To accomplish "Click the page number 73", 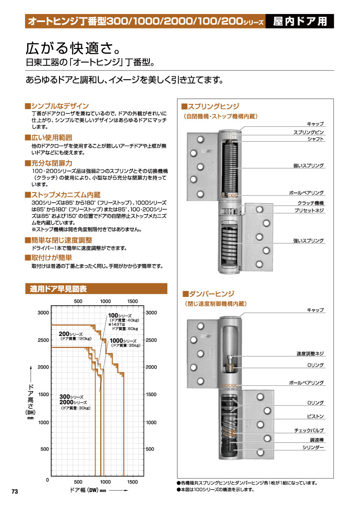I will (x=15, y=491).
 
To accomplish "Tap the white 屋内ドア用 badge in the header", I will (x=300, y=21).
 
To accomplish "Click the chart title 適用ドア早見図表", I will (x=58, y=289).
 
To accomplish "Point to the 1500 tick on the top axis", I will (x=133, y=301).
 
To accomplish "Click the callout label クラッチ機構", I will (x=310, y=203).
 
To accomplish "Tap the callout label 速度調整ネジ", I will (x=310, y=353).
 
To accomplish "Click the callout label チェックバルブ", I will (x=309, y=430).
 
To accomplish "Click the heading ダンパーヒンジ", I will (x=211, y=294).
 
